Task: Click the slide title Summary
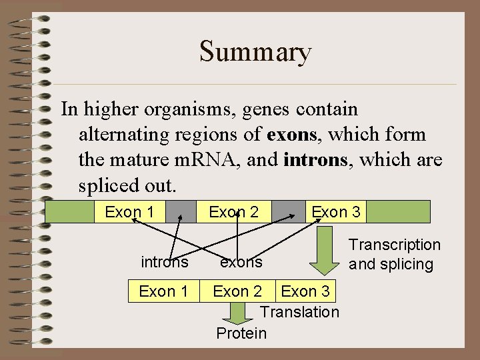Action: coord(255,52)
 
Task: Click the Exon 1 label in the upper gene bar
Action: coord(130,212)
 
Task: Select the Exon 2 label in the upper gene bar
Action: coord(233,212)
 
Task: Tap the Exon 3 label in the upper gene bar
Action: coord(336,212)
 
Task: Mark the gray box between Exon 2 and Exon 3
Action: coord(285,212)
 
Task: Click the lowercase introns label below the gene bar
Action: coord(164,262)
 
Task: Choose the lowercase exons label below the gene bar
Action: coord(241,262)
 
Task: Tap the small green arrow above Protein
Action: coord(237,312)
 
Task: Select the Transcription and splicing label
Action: coord(395,255)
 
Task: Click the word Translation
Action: coord(299,312)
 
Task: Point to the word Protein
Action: coord(241,333)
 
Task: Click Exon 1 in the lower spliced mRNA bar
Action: coord(163,291)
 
